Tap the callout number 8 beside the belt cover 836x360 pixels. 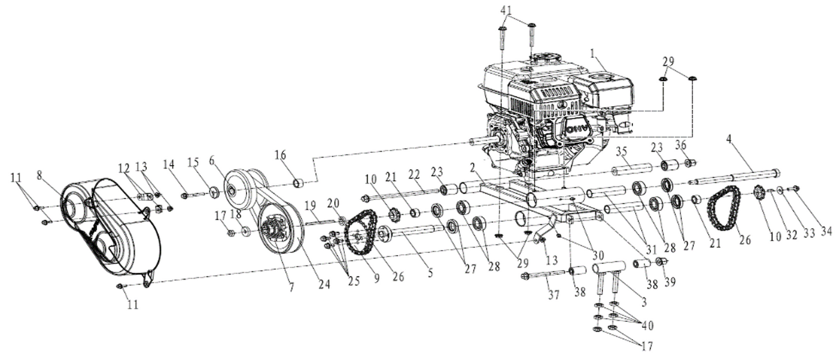coord(40,175)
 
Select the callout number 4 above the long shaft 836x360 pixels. coord(730,139)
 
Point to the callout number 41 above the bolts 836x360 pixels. coord(506,10)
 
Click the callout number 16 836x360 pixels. coord(281,155)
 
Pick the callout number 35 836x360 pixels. coord(621,151)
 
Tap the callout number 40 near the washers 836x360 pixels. coord(647,326)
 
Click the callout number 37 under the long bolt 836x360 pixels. coord(554,295)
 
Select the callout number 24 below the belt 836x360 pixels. coord(324,284)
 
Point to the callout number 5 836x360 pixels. coord(430,273)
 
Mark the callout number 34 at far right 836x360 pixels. coord(826,232)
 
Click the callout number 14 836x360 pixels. coord(169,164)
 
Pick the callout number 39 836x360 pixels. coord(670,282)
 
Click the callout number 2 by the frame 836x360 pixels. coord(473,168)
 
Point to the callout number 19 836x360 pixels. coord(311,205)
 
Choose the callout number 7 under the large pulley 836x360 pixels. coord(292,287)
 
